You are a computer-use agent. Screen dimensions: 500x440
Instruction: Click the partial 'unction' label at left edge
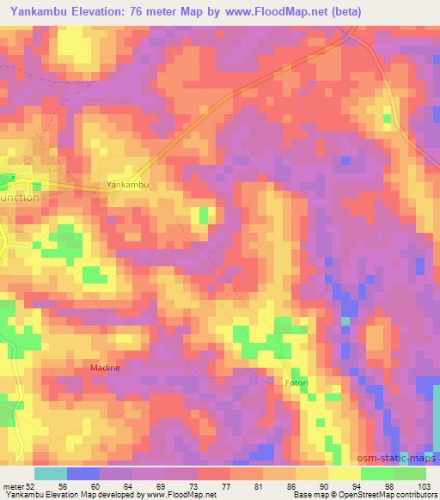[x=19, y=196]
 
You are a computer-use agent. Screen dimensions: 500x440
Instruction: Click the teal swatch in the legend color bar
[x=50, y=473]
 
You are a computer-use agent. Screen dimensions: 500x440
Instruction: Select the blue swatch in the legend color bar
[x=82, y=473]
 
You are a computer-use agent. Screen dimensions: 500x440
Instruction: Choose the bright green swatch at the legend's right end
[x=410, y=473]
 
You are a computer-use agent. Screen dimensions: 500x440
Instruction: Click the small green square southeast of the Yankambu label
[x=203, y=215]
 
